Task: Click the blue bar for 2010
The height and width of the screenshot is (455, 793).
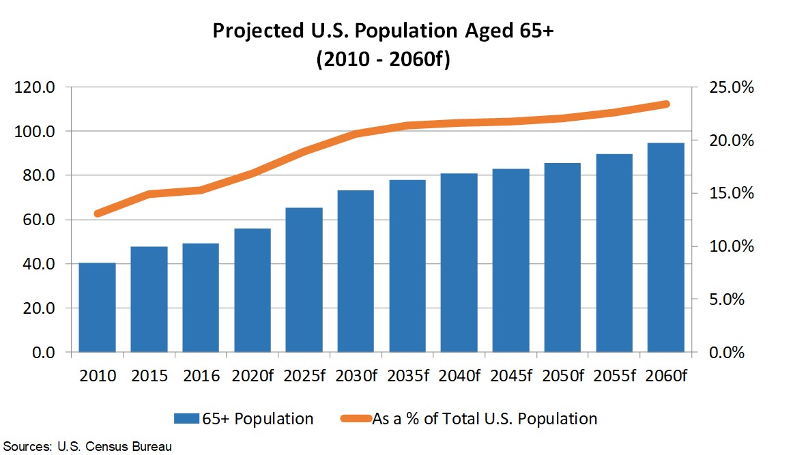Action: click(97, 307)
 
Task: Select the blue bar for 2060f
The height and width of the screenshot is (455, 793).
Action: click(665, 247)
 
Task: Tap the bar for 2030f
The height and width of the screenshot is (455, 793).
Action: click(356, 271)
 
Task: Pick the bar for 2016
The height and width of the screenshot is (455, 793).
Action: click(201, 297)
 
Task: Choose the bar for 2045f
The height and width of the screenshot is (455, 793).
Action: click(510, 260)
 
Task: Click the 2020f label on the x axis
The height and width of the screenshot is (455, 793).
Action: click(252, 376)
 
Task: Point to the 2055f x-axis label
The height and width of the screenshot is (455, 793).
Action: click(614, 376)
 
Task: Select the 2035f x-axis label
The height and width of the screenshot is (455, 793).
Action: click(407, 376)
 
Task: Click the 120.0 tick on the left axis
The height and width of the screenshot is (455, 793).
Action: click(38, 87)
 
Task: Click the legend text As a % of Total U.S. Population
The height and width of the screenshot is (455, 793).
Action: click(484, 419)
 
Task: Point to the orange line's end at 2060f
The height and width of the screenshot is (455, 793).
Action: click(665, 104)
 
